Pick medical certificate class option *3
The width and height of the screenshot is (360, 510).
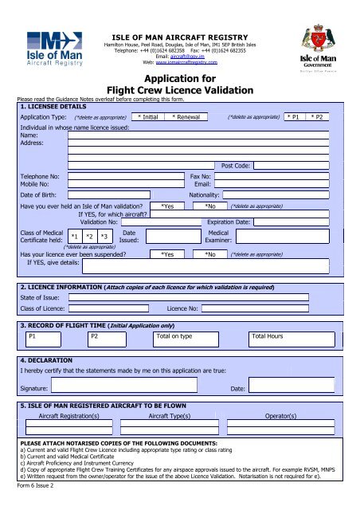coord(104,237)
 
